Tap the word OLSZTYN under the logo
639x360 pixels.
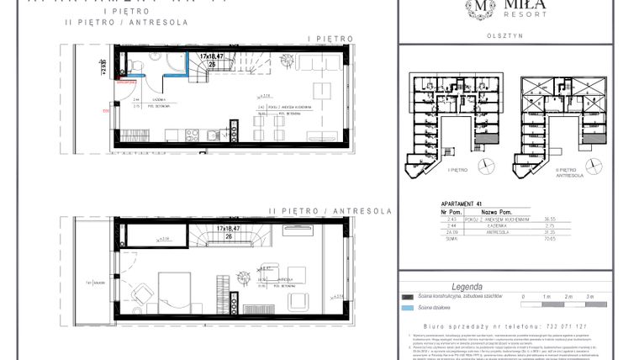click(502, 35)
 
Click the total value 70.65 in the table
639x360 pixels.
click(575, 239)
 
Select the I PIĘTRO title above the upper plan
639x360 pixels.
click(330, 38)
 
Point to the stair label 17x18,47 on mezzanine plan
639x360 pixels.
click(227, 228)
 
